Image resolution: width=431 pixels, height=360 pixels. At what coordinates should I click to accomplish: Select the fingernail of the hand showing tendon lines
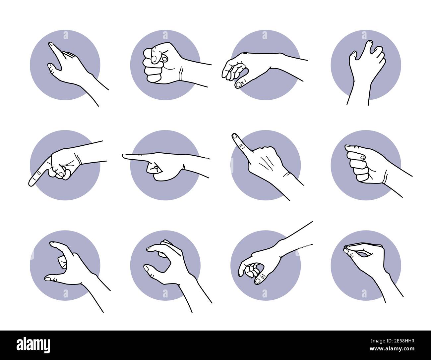pyautogui.click(x=234, y=135)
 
